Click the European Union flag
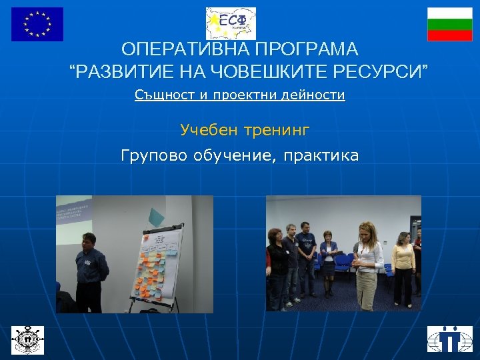tap(37, 24)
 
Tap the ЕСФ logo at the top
tap(231, 23)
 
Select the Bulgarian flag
tap(449, 25)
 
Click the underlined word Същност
tap(163, 95)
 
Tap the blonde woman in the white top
tap(367, 263)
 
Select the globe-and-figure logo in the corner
tap(449, 339)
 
